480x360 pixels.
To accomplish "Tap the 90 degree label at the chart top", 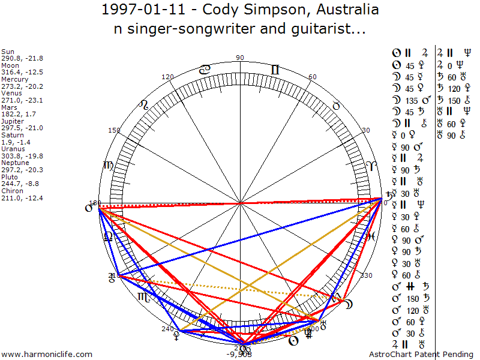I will tap(240, 58).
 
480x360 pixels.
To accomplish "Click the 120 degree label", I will tap(168, 77).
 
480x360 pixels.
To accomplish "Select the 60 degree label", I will tap(312, 77).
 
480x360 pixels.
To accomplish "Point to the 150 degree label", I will tap(114, 130).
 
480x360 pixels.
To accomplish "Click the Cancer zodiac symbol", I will tap(205, 70).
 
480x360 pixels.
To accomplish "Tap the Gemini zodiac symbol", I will tap(275, 70).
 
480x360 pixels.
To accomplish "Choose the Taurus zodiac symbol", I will tap(336, 105).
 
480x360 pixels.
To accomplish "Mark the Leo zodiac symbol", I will tap(143, 105).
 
